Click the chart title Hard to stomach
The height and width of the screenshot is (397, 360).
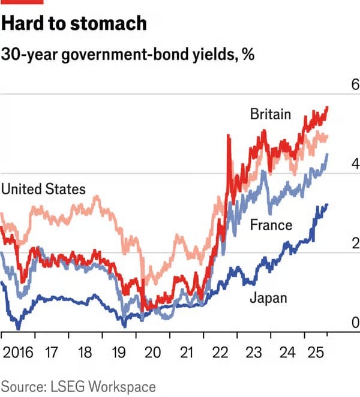tap(73, 24)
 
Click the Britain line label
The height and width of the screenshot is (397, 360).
tap(271, 114)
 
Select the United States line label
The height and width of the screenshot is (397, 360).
tap(43, 190)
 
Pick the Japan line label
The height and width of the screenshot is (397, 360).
tap(268, 297)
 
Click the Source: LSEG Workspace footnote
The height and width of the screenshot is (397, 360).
tap(78, 386)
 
